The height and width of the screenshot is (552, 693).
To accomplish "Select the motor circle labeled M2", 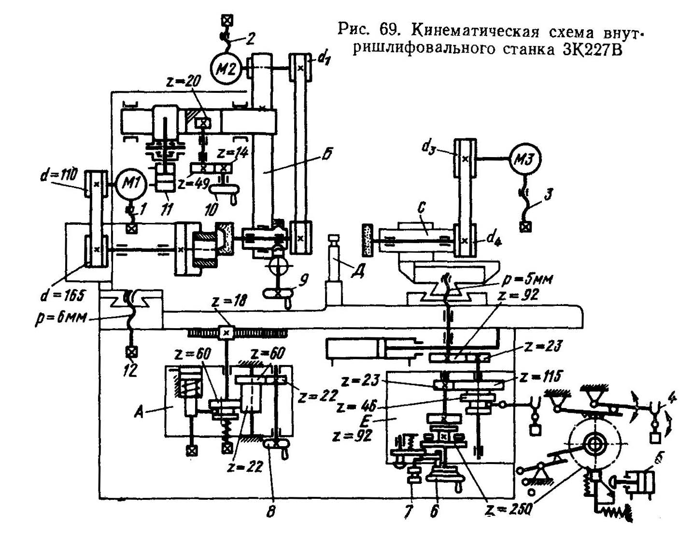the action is click(226, 69).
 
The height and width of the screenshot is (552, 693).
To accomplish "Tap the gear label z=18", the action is click(229, 301).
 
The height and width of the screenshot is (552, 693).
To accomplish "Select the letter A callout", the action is click(139, 411).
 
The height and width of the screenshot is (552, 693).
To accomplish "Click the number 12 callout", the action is click(130, 370).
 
